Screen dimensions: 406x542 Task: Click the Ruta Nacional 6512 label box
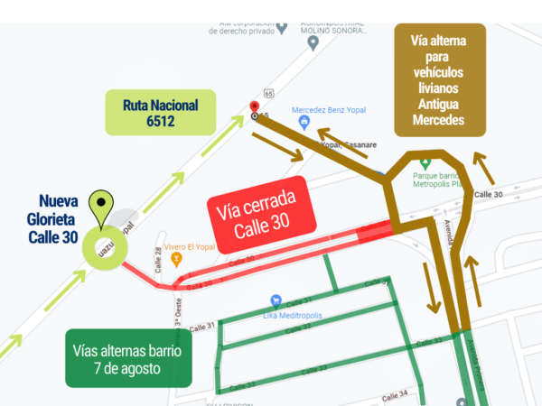pos(160,112)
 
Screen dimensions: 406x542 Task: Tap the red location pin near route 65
pos(255,108)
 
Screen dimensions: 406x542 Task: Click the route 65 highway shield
pos(269,93)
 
